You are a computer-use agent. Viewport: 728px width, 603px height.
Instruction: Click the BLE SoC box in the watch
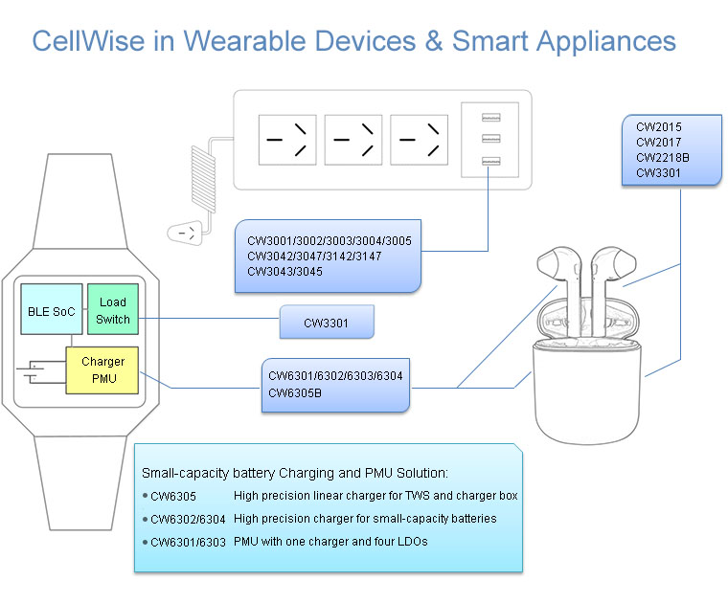click(51, 312)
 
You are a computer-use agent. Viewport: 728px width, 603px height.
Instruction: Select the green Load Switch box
click(113, 310)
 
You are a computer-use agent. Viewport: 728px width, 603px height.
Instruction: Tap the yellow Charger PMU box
click(102, 369)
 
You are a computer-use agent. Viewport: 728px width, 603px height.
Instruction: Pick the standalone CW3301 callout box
click(326, 324)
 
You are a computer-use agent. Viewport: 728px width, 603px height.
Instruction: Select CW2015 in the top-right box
click(658, 126)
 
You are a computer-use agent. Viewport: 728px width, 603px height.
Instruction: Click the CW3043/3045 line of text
click(284, 272)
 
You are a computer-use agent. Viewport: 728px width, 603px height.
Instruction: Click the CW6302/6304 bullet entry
click(188, 519)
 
